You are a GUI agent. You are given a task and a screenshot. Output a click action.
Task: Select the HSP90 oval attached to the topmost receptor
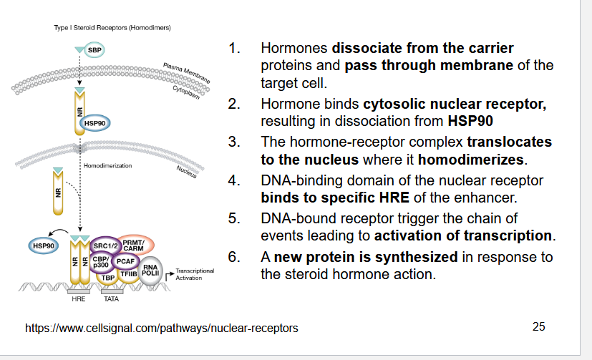coord(95,122)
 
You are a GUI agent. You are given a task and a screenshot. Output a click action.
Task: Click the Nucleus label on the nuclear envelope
coord(189,172)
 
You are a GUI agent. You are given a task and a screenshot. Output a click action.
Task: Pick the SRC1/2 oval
coord(105,246)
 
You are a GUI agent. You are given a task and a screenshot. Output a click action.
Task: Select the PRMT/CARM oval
coord(134,244)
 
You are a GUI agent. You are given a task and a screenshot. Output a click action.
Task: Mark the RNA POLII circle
coord(150,271)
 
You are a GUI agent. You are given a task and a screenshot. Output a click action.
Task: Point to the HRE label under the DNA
coord(79,298)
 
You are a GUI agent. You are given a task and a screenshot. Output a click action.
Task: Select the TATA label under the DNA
coord(111,298)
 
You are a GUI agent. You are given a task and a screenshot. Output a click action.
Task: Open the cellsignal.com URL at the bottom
coord(162,329)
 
